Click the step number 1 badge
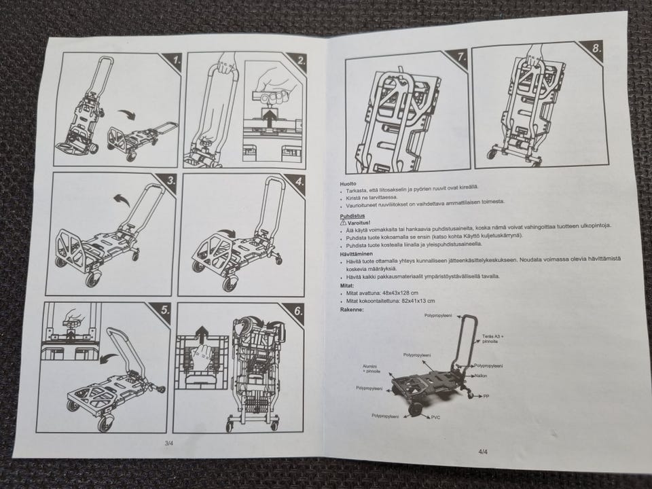pyautogui.click(x=175, y=61)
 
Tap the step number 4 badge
pyautogui.click(x=297, y=182)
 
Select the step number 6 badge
pyautogui.click(x=296, y=312)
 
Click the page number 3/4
pyautogui.click(x=169, y=443)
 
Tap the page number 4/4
pyautogui.click(x=483, y=452)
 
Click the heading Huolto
pyautogui.click(x=348, y=184)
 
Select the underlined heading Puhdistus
pyautogui.click(x=352, y=216)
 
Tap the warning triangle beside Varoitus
pyautogui.click(x=343, y=223)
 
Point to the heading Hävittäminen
pyautogui.click(x=357, y=253)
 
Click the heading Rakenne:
pyautogui.click(x=352, y=310)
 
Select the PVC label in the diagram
pyautogui.click(x=435, y=418)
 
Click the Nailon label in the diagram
pyautogui.click(x=481, y=376)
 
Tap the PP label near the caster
pyautogui.click(x=486, y=397)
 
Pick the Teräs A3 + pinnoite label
pyautogui.click(x=493, y=339)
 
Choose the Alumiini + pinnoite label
pyautogui.click(x=372, y=369)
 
